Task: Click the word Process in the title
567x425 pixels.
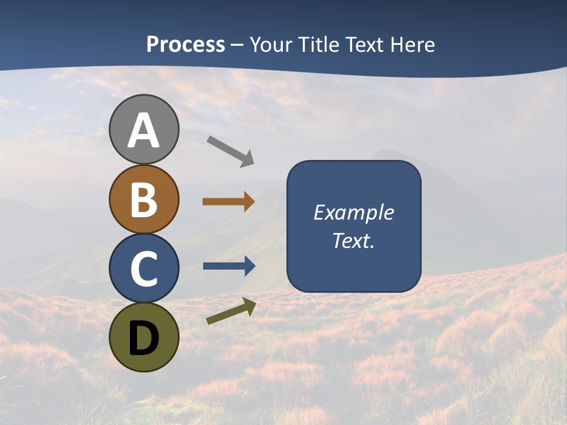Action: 185,45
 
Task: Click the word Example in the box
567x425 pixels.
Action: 353,212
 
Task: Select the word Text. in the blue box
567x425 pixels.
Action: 353,240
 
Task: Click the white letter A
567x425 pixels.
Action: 144,131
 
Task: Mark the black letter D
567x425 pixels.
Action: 144,339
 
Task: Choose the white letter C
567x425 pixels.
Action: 144,269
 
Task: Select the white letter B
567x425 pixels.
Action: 144,200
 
